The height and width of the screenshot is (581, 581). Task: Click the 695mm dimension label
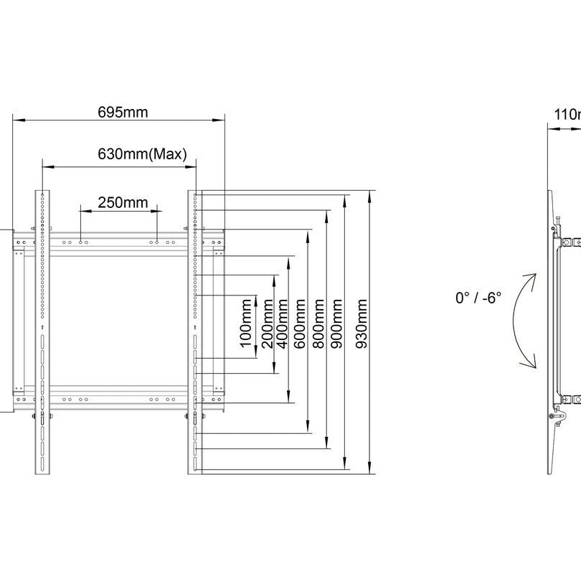click(x=123, y=112)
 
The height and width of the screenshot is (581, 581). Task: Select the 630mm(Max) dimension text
click(x=142, y=153)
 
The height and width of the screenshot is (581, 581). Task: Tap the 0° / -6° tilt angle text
click(x=478, y=297)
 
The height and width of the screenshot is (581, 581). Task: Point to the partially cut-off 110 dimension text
click(x=567, y=114)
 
